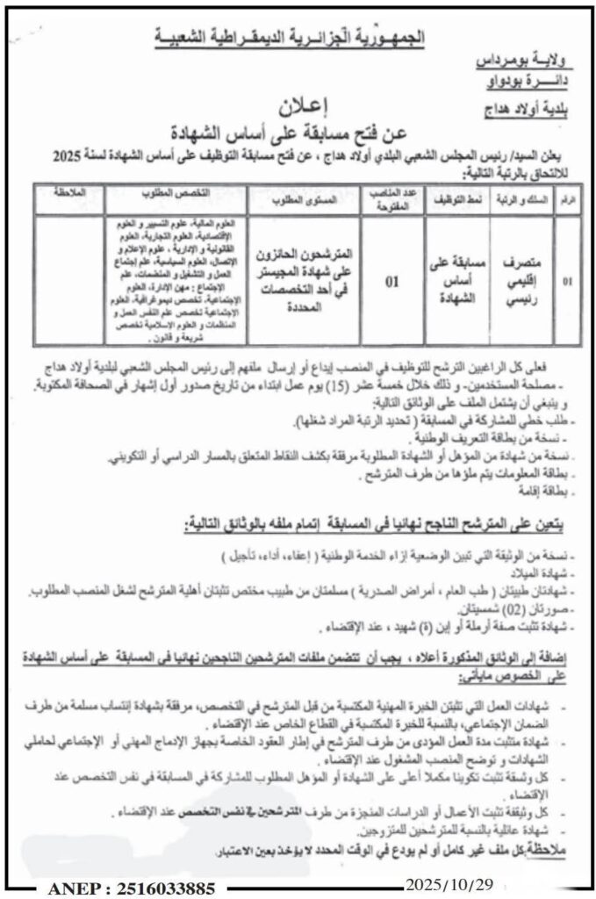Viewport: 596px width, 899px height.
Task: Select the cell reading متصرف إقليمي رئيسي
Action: tap(517, 283)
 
